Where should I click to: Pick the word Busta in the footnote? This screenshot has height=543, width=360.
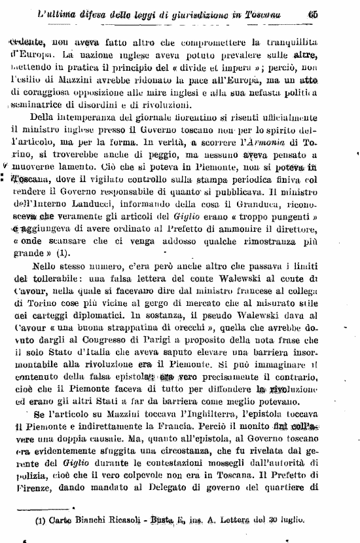pos(160,522)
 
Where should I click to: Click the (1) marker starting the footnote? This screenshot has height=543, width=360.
pos(28,522)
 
